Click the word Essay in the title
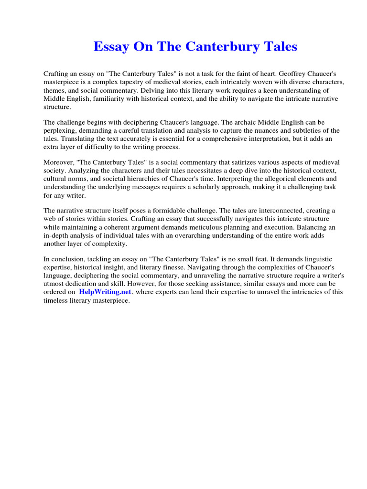(x=111, y=47)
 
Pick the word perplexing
(x=60, y=131)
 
